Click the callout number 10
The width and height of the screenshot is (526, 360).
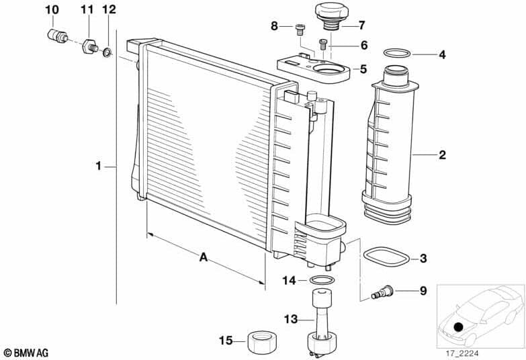(52, 9)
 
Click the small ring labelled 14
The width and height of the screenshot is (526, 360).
(322, 280)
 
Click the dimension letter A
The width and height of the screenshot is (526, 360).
(202, 256)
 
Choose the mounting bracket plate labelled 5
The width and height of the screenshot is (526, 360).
(314, 69)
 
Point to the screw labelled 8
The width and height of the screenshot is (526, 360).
(300, 28)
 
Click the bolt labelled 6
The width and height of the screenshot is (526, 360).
(323, 44)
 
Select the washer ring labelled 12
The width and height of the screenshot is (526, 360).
(107, 51)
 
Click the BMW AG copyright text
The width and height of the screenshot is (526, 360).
(26, 353)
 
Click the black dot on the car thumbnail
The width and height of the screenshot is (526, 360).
(458, 327)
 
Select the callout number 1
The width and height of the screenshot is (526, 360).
(98, 165)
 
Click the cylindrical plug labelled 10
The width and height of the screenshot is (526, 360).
(56, 35)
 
